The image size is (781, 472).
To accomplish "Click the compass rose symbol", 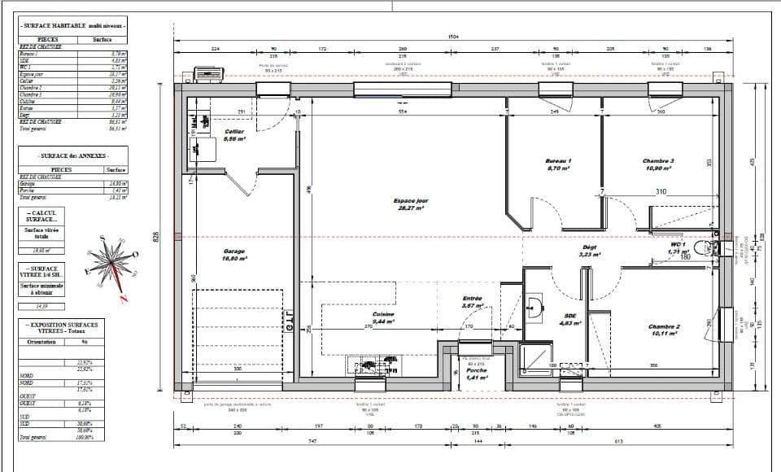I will point(110,264).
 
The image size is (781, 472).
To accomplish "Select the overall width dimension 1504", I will point(453,36).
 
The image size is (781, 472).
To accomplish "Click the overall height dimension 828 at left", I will point(159,236).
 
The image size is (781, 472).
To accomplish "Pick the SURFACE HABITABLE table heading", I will point(72,26).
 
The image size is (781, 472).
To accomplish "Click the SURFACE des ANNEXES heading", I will point(72,155).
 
